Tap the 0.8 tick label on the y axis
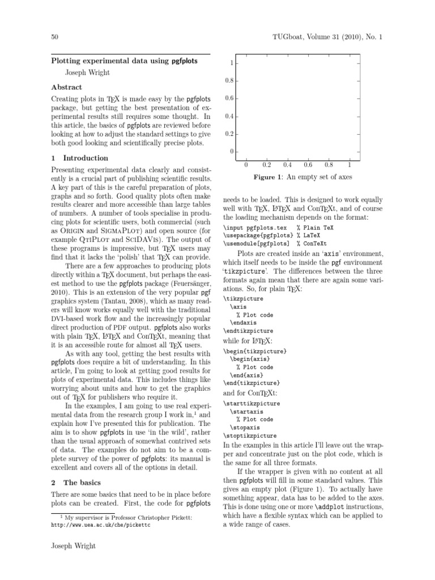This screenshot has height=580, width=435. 229,80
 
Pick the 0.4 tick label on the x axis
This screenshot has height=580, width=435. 287,165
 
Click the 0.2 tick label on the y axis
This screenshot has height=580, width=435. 229,134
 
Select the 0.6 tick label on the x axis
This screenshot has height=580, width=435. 308,165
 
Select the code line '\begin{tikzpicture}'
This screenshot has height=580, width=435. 255,352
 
